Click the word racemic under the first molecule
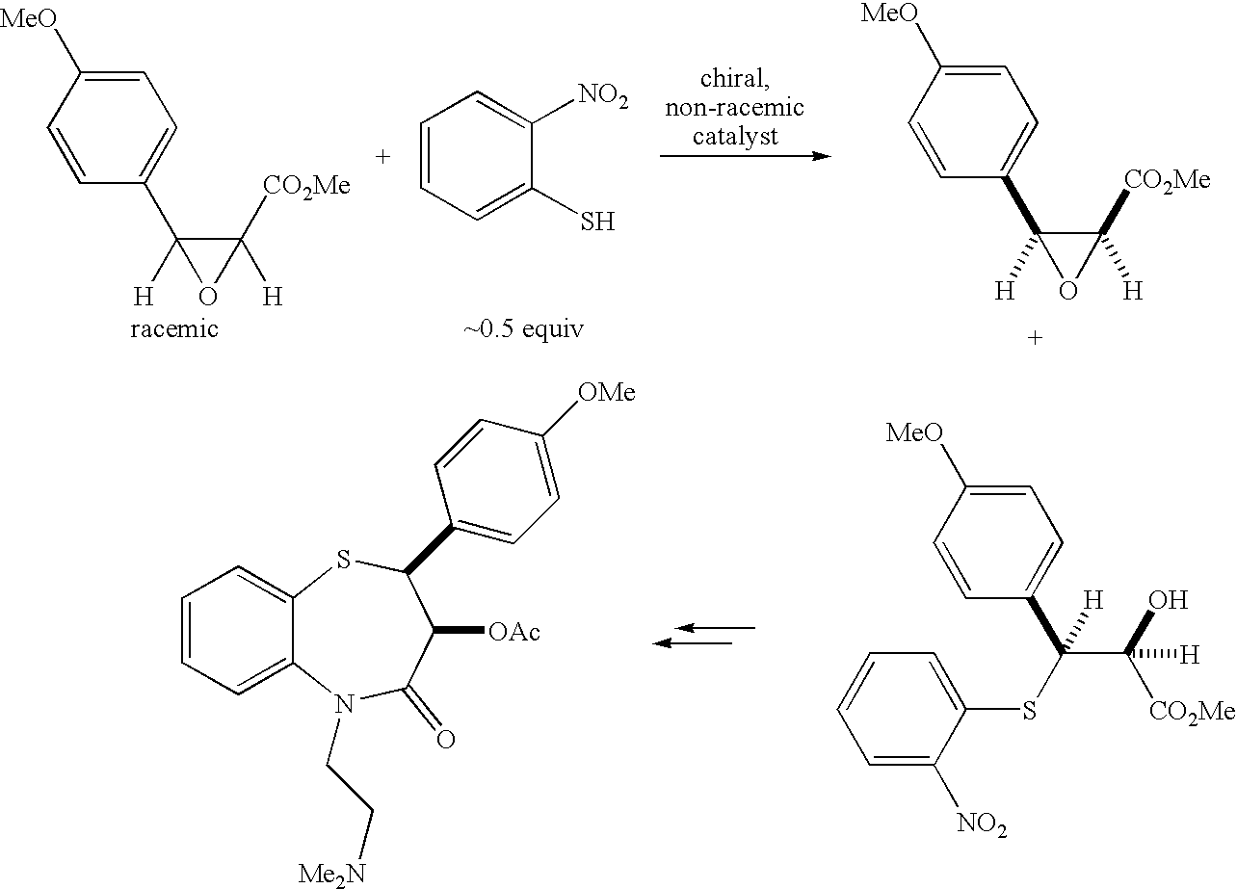174,329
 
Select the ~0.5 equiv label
523,329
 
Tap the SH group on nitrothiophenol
597,222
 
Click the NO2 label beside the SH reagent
603,95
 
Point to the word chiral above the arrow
735,79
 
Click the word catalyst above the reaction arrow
735,136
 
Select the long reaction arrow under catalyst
745,156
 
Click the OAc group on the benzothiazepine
514,632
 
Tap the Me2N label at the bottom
332,875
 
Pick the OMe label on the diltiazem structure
607,392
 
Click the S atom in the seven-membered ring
344,560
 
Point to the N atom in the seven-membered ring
344,705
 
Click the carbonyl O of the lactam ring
446,739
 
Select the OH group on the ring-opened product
1168,600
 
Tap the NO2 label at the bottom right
982,824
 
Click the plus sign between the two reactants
382,157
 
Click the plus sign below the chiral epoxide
1035,338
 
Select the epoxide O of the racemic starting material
208,297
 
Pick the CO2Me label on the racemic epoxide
306,186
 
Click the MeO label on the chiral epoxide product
889,13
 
